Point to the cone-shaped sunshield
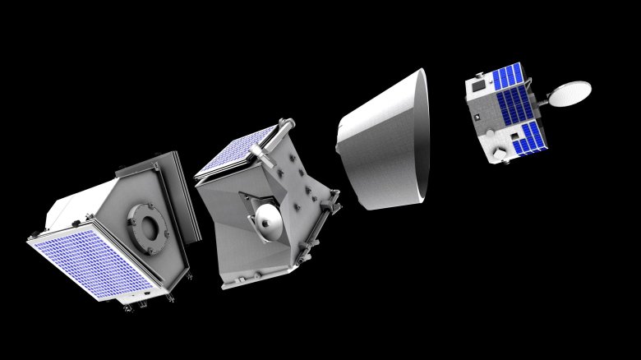point(382,148)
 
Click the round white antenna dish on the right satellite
point(569,93)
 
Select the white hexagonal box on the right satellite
point(497,154)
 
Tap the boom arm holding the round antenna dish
point(542,100)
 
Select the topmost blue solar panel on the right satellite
point(507,76)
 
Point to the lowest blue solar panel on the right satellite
point(524,138)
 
